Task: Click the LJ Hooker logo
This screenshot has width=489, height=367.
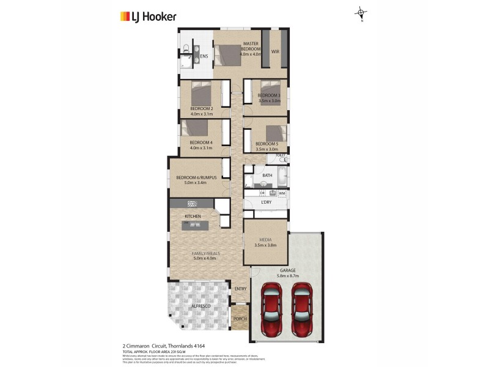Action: [146, 17]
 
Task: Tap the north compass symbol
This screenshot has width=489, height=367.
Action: [361, 12]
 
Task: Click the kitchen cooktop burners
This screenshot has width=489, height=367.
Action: [193, 204]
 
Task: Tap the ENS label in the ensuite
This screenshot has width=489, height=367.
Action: [204, 57]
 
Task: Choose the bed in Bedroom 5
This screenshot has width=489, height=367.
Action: [275, 133]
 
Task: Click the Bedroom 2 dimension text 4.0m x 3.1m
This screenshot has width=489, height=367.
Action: [201, 114]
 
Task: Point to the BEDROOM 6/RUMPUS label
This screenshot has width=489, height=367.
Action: [196, 177]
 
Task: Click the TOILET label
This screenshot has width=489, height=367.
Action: [281, 155]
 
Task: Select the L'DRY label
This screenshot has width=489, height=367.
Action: [266, 202]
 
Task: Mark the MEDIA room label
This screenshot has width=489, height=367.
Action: [265, 240]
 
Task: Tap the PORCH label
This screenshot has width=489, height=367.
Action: [240, 318]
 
